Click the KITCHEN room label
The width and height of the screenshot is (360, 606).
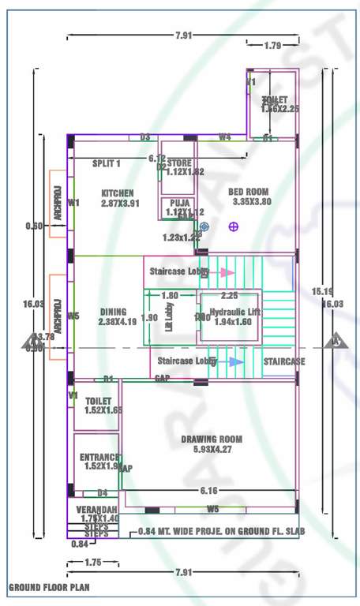tap(117, 193)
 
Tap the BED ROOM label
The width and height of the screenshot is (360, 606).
tap(249, 192)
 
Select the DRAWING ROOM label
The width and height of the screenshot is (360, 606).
tap(211, 439)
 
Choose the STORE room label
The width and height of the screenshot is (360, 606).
tap(180, 163)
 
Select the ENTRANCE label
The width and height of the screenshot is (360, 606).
tap(99, 457)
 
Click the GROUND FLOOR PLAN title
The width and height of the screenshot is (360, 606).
tap(49, 587)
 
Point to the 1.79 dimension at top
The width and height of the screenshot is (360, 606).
tap(273, 45)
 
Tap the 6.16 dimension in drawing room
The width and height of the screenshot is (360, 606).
tap(209, 491)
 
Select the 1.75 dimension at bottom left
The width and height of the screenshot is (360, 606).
tap(92, 563)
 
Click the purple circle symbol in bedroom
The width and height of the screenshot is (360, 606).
tap(233, 226)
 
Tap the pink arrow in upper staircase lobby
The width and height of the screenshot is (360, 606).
tap(227, 272)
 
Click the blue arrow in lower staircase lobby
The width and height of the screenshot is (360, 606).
tap(235, 361)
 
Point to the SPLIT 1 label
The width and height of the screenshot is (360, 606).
tap(107, 163)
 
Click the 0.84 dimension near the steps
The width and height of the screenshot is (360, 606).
tap(79, 544)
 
